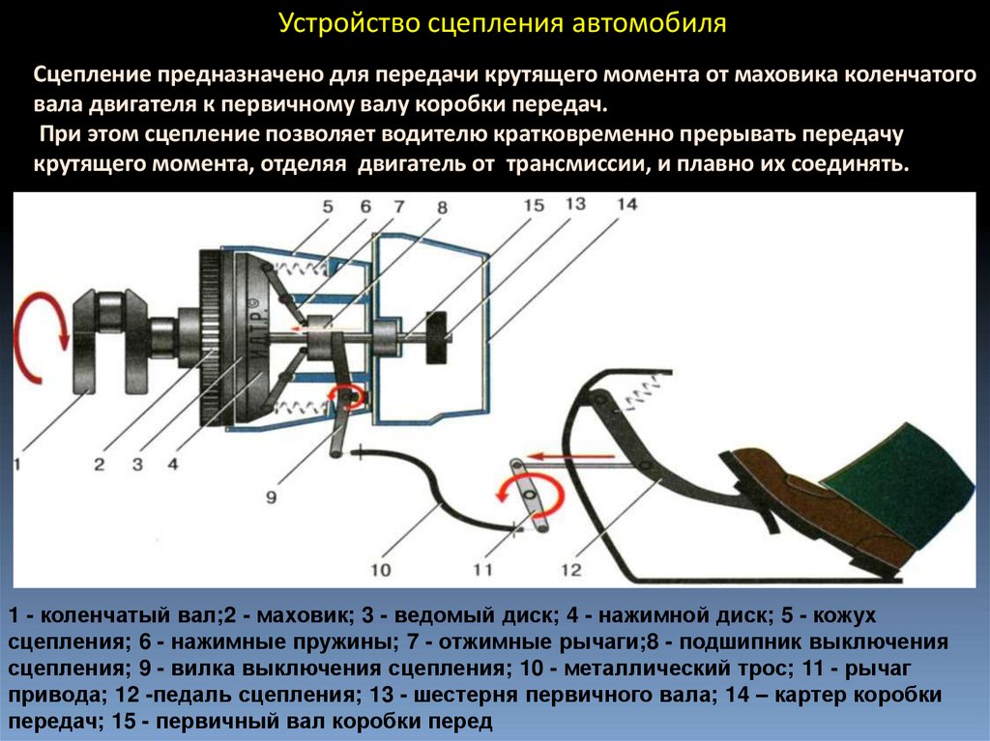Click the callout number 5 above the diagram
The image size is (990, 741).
coord(328,206)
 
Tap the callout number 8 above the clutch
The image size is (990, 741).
coord(442,206)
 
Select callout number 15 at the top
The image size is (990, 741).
coord(535,205)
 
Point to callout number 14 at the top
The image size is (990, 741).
coord(626,204)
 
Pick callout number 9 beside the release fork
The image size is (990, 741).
coord(271,497)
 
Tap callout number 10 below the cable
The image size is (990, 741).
coord(381,570)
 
